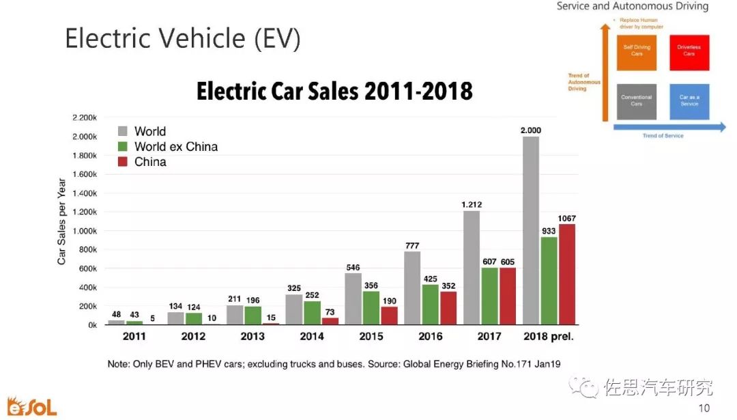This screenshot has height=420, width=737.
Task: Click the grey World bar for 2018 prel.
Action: click(x=530, y=231)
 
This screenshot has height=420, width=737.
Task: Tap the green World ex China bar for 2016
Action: click(x=431, y=305)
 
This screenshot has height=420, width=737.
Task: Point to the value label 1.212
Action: click(x=471, y=203)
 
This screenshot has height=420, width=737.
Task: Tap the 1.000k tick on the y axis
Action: click(x=84, y=231)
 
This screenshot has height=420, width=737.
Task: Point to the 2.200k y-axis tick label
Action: click(x=84, y=117)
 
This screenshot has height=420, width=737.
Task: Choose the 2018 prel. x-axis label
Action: click(x=548, y=337)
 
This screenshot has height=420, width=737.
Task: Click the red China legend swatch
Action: click(x=123, y=163)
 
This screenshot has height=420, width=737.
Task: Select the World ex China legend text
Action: click(x=176, y=147)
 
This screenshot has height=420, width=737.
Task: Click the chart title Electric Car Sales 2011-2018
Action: click(x=334, y=92)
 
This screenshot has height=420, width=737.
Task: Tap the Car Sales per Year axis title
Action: click(x=61, y=221)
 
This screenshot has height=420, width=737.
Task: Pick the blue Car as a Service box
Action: click(x=689, y=101)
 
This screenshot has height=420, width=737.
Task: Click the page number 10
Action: click(x=704, y=408)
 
